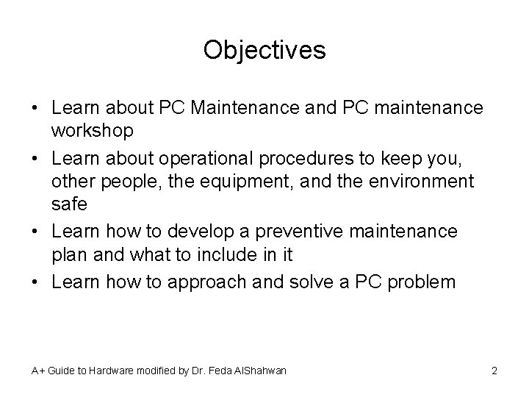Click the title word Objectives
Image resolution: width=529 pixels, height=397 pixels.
(x=264, y=50)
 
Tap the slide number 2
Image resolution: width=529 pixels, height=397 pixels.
(x=494, y=371)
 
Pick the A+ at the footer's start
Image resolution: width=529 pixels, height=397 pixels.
(x=37, y=371)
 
